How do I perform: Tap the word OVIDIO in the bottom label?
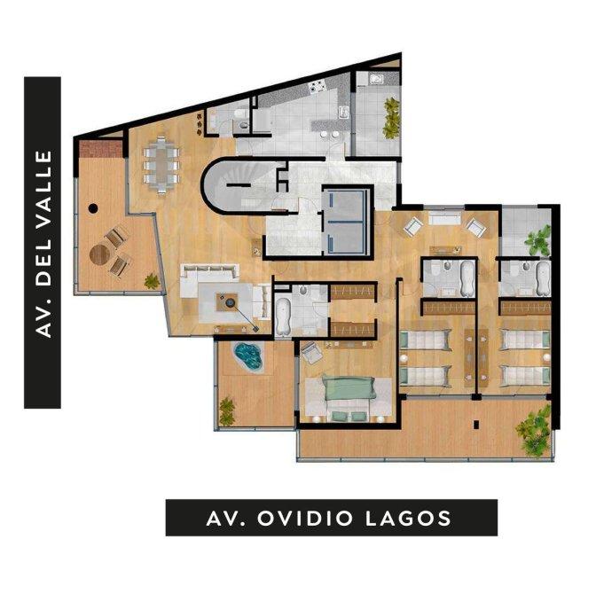(305, 518)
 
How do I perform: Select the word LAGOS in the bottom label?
(408, 518)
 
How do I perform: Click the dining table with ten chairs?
(161, 165)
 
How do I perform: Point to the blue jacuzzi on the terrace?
(247, 356)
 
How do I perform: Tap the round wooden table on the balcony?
(99, 254)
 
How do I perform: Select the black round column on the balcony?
(93, 208)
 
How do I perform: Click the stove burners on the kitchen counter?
(317, 88)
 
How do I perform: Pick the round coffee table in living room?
(231, 302)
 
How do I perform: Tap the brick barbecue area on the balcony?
(100, 149)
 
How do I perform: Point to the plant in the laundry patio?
(391, 118)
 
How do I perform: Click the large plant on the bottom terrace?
(535, 431)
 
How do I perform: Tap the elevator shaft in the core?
(347, 222)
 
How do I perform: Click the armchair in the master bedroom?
(312, 353)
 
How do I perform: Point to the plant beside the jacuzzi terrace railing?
(227, 411)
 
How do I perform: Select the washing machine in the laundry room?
(376, 79)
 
